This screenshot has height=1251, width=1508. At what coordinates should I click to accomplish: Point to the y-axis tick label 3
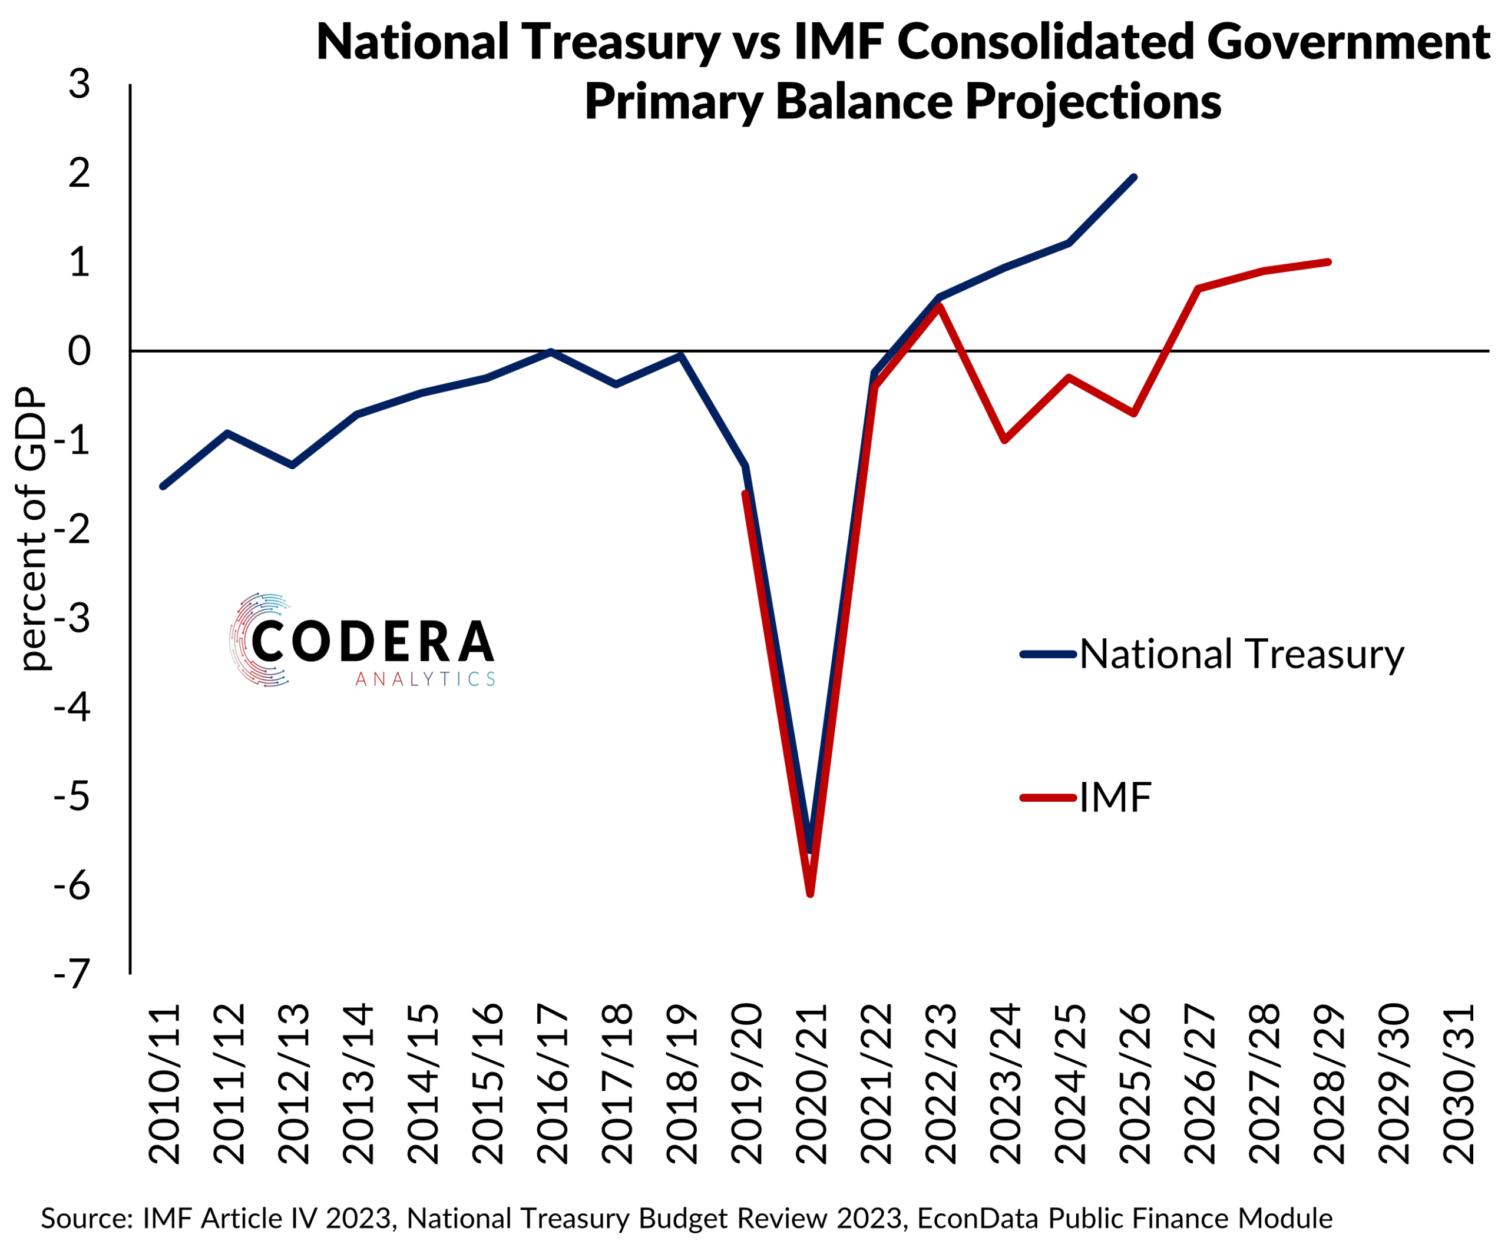pos(80,84)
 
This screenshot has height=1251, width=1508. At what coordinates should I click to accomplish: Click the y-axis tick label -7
pos(72,974)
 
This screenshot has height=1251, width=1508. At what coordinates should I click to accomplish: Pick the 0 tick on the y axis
pos(80,351)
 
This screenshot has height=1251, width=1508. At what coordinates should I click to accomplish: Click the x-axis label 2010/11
pos(164,1084)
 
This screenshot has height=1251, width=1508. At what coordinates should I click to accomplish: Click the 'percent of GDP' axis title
pos(32,529)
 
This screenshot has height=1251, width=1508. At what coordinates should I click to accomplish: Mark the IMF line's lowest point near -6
pos(810,894)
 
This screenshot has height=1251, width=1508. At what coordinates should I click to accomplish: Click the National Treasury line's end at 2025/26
pos(1134,177)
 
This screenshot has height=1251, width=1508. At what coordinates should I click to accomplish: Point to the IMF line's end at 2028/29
pos(1328,262)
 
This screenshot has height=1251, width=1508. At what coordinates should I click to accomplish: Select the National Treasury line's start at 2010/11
pos(163,487)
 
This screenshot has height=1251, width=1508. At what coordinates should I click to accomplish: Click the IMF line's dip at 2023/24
pos(1004,440)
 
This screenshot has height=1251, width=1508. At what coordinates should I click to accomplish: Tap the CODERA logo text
pos(373,641)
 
